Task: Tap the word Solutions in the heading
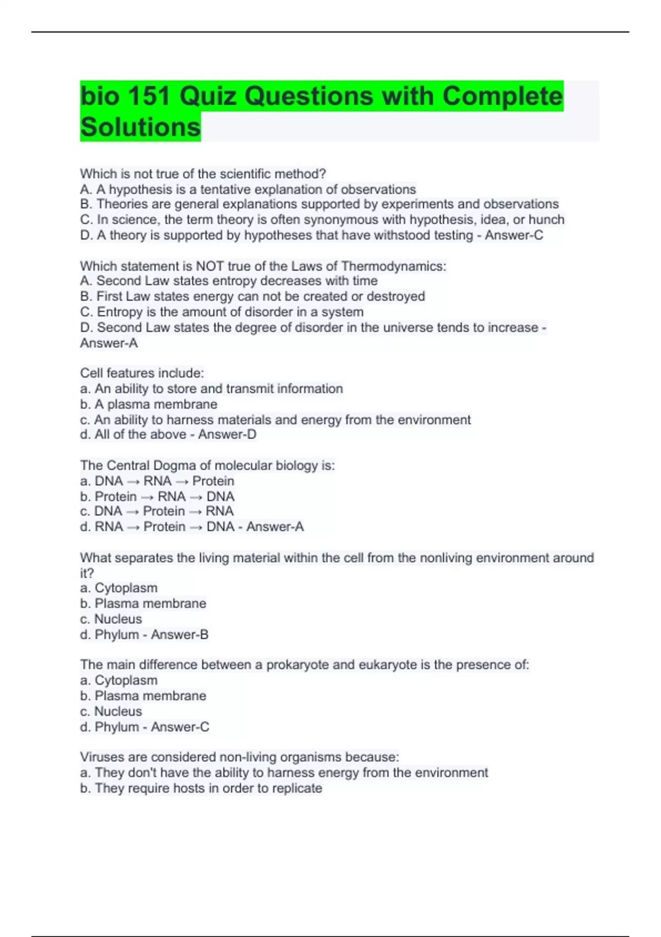coord(140,127)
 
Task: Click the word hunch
coord(546,220)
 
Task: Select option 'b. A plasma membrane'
coord(149,405)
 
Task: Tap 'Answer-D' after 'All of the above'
coord(227,435)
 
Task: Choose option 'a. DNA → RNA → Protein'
coord(157,481)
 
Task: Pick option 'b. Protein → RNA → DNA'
coord(157,497)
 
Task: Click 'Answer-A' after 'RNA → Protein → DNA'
coord(275,527)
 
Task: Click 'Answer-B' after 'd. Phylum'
coord(180,635)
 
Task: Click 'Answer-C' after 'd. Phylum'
coord(180,727)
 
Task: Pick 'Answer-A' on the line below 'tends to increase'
coord(109,343)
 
